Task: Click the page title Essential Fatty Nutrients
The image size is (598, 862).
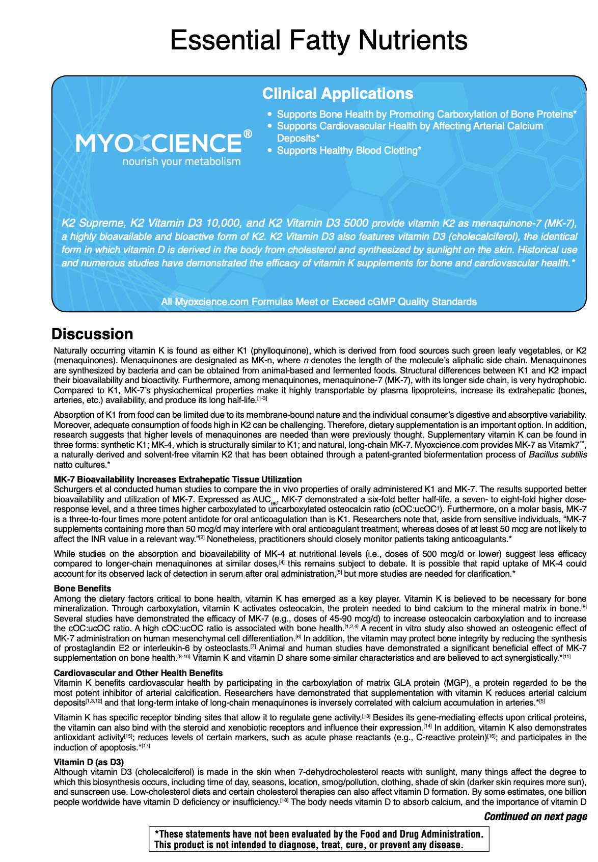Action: tap(319, 40)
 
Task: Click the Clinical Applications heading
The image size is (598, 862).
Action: tap(337, 94)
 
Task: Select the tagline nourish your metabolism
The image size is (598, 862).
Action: tap(181, 161)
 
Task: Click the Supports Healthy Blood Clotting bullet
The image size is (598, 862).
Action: tap(348, 150)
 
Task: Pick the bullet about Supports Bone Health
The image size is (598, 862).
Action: tap(426, 114)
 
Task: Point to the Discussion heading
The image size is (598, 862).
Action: tap(92, 334)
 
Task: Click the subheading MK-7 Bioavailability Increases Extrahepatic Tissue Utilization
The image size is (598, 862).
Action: tap(178, 479)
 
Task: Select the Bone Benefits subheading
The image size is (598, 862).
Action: tap(83, 588)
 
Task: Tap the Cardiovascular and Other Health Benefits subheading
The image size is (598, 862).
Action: tap(138, 672)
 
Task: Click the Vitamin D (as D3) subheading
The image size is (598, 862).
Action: tap(89, 762)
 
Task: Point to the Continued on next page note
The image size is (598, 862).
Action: tap(535, 816)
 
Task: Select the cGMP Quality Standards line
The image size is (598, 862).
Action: tap(319, 302)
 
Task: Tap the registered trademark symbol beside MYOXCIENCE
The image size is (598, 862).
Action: tap(248, 134)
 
